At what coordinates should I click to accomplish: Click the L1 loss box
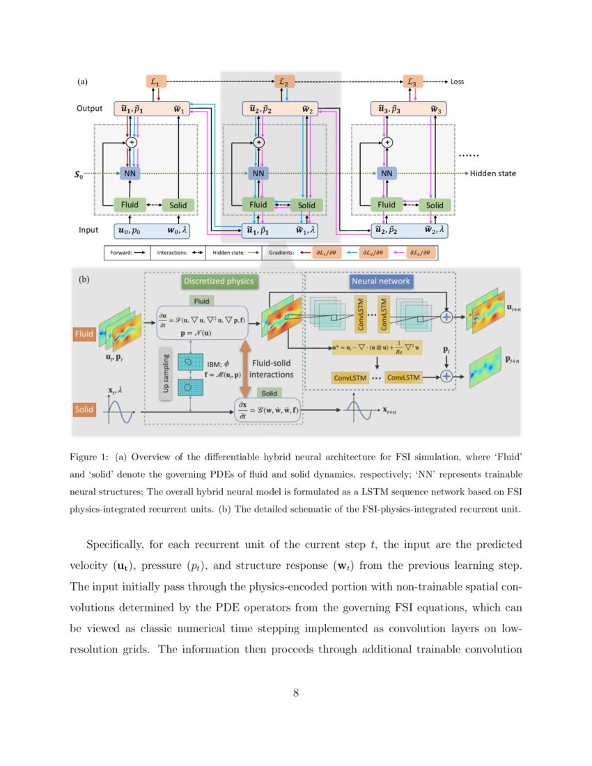[155, 82]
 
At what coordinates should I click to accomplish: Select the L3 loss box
[412, 82]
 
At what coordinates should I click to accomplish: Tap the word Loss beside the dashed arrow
[457, 81]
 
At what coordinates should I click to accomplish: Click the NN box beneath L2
[258, 173]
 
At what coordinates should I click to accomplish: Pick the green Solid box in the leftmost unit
[178, 205]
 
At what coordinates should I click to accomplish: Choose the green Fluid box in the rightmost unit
[387, 205]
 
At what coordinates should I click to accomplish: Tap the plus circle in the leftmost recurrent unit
[130, 142]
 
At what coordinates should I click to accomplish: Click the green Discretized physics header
[219, 281]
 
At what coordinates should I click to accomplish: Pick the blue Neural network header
[380, 281]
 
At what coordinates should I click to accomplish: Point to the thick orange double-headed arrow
[244, 367]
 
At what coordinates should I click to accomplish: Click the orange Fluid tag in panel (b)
[84, 335]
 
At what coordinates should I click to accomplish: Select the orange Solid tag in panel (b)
[84, 410]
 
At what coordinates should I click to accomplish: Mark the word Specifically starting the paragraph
[116, 544]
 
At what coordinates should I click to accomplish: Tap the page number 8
[296, 692]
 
